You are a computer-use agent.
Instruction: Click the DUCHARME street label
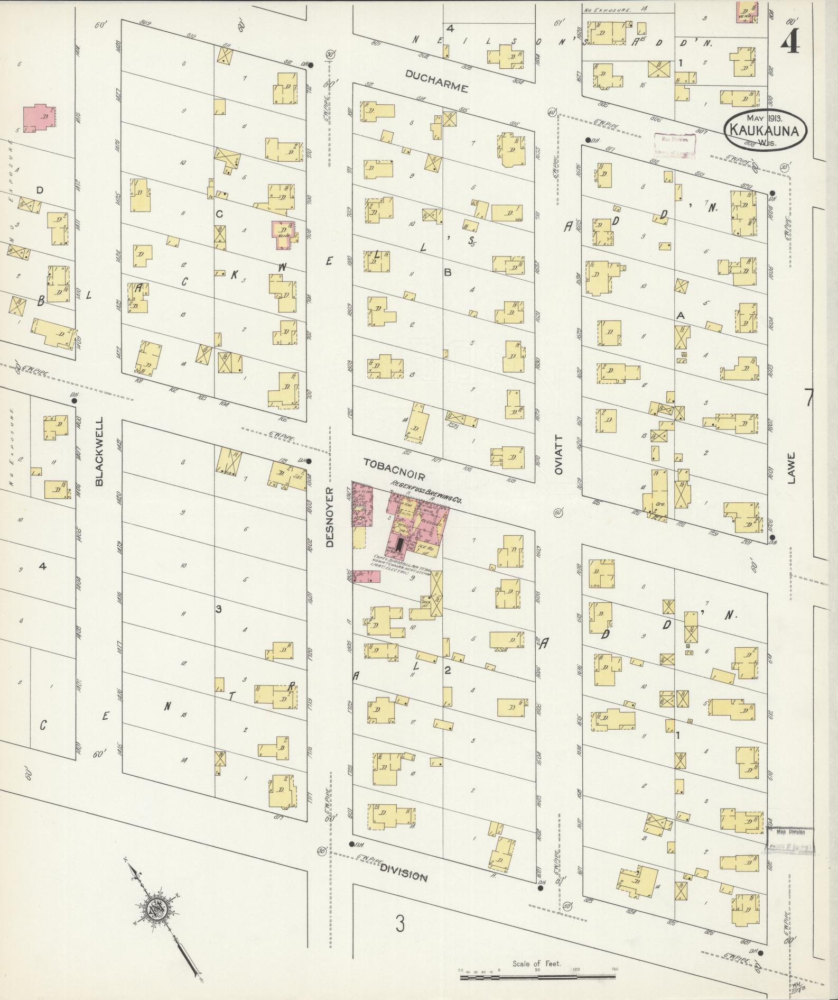coord(436,81)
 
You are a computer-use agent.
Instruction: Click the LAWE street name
coord(791,467)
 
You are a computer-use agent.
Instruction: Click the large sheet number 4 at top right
coord(791,40)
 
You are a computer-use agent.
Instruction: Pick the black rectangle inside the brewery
coord(400,543)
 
